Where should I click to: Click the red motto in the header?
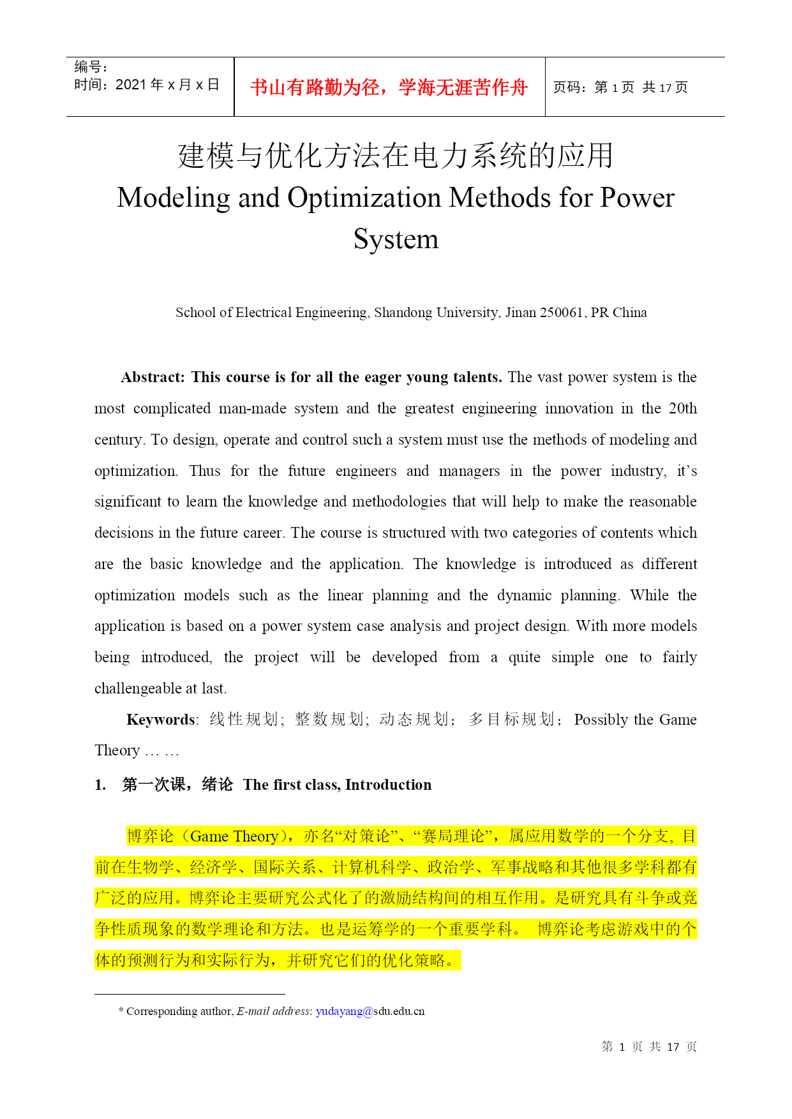(389, 87)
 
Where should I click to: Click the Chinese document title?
(396, 156)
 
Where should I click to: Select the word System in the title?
(396, 239)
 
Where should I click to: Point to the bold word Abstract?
(153, 378)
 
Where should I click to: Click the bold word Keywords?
(161, 720)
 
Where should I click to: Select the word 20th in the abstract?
(682, 409)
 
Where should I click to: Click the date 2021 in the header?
(131, 85)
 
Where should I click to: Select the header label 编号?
(91, 67)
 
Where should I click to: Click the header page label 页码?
(567, 87)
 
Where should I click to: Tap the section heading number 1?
(100, 785)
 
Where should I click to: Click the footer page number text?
(649, 1047)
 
